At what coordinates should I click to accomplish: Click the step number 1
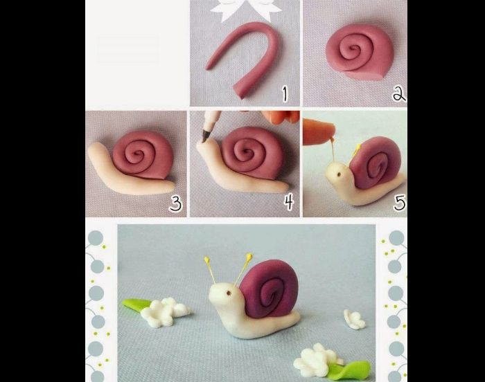285,94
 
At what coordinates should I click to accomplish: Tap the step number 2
399,94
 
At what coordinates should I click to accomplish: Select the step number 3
176,204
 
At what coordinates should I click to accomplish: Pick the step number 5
399,203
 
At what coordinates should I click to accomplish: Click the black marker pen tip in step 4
204,138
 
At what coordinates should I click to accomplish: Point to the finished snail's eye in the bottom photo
229,292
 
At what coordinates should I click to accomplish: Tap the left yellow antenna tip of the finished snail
206,260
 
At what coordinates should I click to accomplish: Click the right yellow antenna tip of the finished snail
249,257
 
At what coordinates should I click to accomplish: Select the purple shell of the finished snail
269,289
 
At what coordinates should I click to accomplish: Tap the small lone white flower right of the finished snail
354,319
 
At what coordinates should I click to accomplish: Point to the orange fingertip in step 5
319,132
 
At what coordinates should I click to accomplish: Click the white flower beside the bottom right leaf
315,360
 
